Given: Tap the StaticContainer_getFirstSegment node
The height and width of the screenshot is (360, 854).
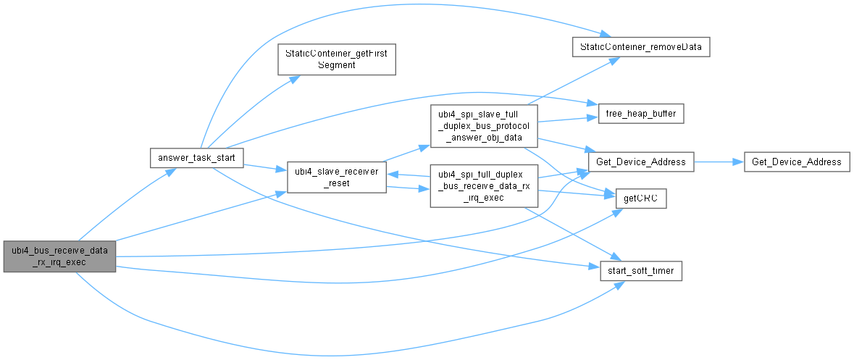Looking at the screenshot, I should coord(336,59).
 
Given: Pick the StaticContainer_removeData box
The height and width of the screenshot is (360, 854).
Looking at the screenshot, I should coord(640,47).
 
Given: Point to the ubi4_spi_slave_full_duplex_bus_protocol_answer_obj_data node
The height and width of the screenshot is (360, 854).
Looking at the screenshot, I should coord(483,125).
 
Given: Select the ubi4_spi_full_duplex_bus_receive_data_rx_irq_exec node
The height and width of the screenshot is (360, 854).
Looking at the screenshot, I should coord(483,187).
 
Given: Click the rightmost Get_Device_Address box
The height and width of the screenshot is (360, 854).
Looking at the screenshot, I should coord(796,162).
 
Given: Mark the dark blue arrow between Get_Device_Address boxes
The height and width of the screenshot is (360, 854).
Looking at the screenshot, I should coord(719,162).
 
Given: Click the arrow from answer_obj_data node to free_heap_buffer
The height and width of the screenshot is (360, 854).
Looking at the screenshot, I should coord(565,118).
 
